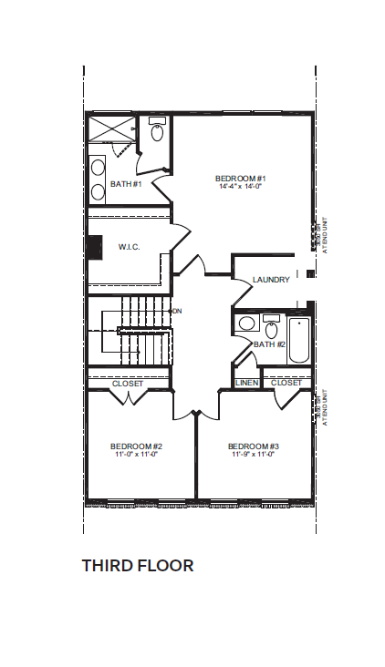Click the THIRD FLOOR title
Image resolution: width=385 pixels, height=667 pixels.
point(138,566)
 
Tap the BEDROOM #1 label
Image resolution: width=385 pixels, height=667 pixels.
point(240,178)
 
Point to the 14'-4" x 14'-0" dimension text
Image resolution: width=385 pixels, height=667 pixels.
point(240,186)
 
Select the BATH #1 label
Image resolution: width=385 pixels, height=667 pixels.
point(126,184)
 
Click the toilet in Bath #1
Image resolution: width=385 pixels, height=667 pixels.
point(157,132)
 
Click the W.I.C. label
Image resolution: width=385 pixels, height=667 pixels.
point(129,247)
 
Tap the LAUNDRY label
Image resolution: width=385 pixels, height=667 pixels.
point(271,280)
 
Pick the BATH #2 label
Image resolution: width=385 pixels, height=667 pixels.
point(270,344)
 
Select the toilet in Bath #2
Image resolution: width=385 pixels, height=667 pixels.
point(271,328)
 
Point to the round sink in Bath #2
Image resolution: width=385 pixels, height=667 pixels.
point(245,323)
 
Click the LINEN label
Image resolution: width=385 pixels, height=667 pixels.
point(247,383)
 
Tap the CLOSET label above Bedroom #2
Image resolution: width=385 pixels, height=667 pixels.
point(128,384)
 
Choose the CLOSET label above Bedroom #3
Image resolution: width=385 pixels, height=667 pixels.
point(286,383)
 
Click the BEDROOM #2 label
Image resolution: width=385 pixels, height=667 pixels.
point(136,446)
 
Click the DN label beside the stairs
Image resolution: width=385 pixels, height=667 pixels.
point(177,312)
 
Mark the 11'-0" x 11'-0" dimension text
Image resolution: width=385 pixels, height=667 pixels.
point(136,454)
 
